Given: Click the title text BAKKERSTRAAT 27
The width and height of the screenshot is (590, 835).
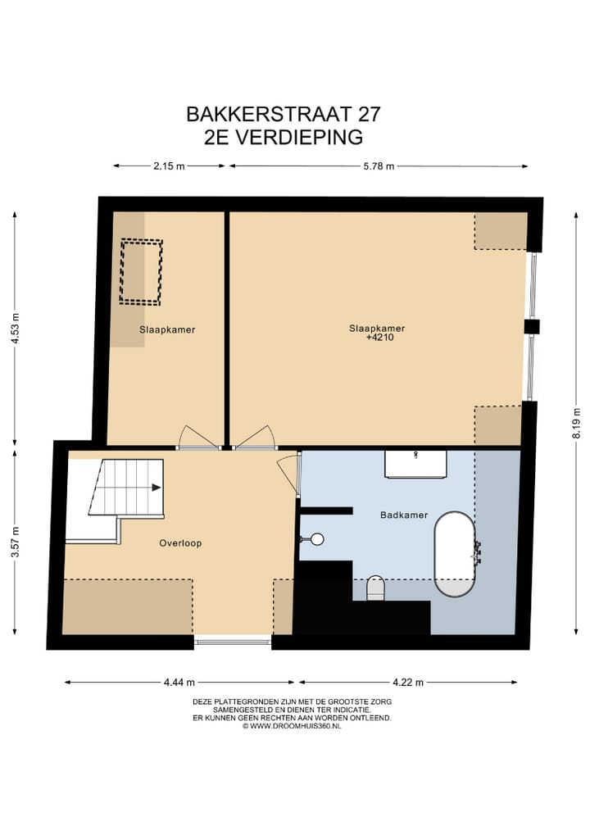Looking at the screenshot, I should (x=283, y=113).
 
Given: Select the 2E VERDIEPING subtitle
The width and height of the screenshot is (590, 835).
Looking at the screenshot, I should (x=283, y=137).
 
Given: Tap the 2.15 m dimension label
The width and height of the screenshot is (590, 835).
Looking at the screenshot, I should (x=169, y=166).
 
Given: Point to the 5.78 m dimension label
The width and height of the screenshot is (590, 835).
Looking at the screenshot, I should (x=379, y=166).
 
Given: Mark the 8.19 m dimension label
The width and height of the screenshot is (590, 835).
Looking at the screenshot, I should (x=576, y=423).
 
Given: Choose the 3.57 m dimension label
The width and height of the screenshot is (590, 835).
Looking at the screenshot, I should (x=14, y=542).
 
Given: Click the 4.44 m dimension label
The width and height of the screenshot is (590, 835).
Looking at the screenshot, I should (x=179, y=682).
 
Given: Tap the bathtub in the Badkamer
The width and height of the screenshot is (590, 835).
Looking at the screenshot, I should (x=454, y=554).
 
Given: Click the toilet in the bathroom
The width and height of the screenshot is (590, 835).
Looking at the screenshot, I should (x=375, y=588).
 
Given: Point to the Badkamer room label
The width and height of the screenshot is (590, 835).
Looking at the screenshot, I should (x=404, y=515).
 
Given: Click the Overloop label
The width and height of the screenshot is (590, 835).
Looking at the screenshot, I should (x=180, y=543).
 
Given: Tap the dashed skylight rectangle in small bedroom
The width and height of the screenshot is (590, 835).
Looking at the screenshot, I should (x=142, y=271).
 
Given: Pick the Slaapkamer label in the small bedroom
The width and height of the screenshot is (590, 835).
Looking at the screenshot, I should (x=167, y=329).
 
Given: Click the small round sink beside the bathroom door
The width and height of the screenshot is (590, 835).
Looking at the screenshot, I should (x=316, y=539).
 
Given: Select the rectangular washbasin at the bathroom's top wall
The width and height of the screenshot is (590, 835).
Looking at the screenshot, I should (x=416, y=463).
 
